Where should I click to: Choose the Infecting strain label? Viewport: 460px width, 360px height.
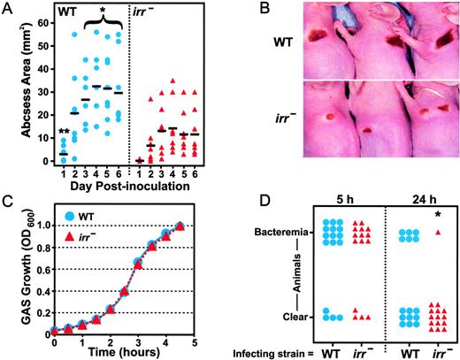pyautogui.click(x=280, y=349)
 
